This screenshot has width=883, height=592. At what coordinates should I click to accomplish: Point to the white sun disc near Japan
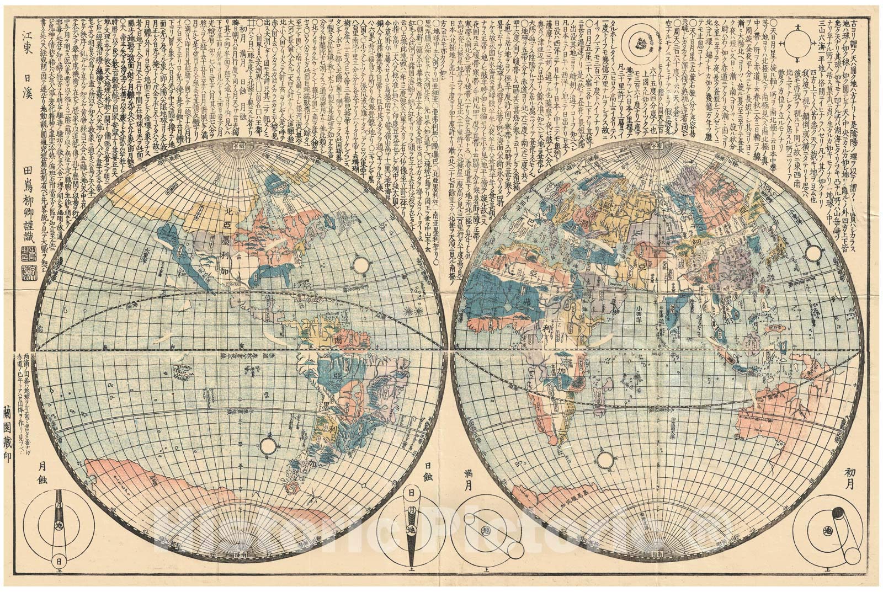click(812, 253)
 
